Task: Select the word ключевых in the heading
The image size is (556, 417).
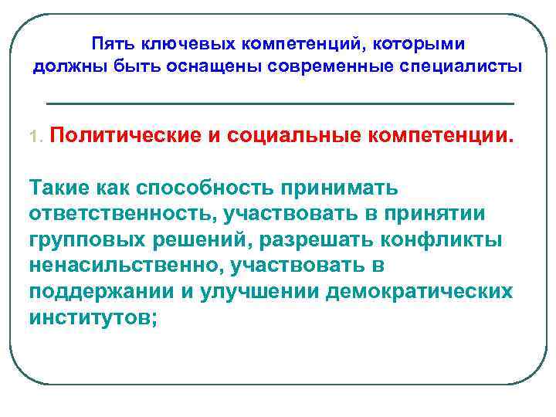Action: [175, 42]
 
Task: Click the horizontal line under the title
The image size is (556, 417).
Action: [280, 103]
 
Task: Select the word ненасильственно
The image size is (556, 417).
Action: [120, 266]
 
